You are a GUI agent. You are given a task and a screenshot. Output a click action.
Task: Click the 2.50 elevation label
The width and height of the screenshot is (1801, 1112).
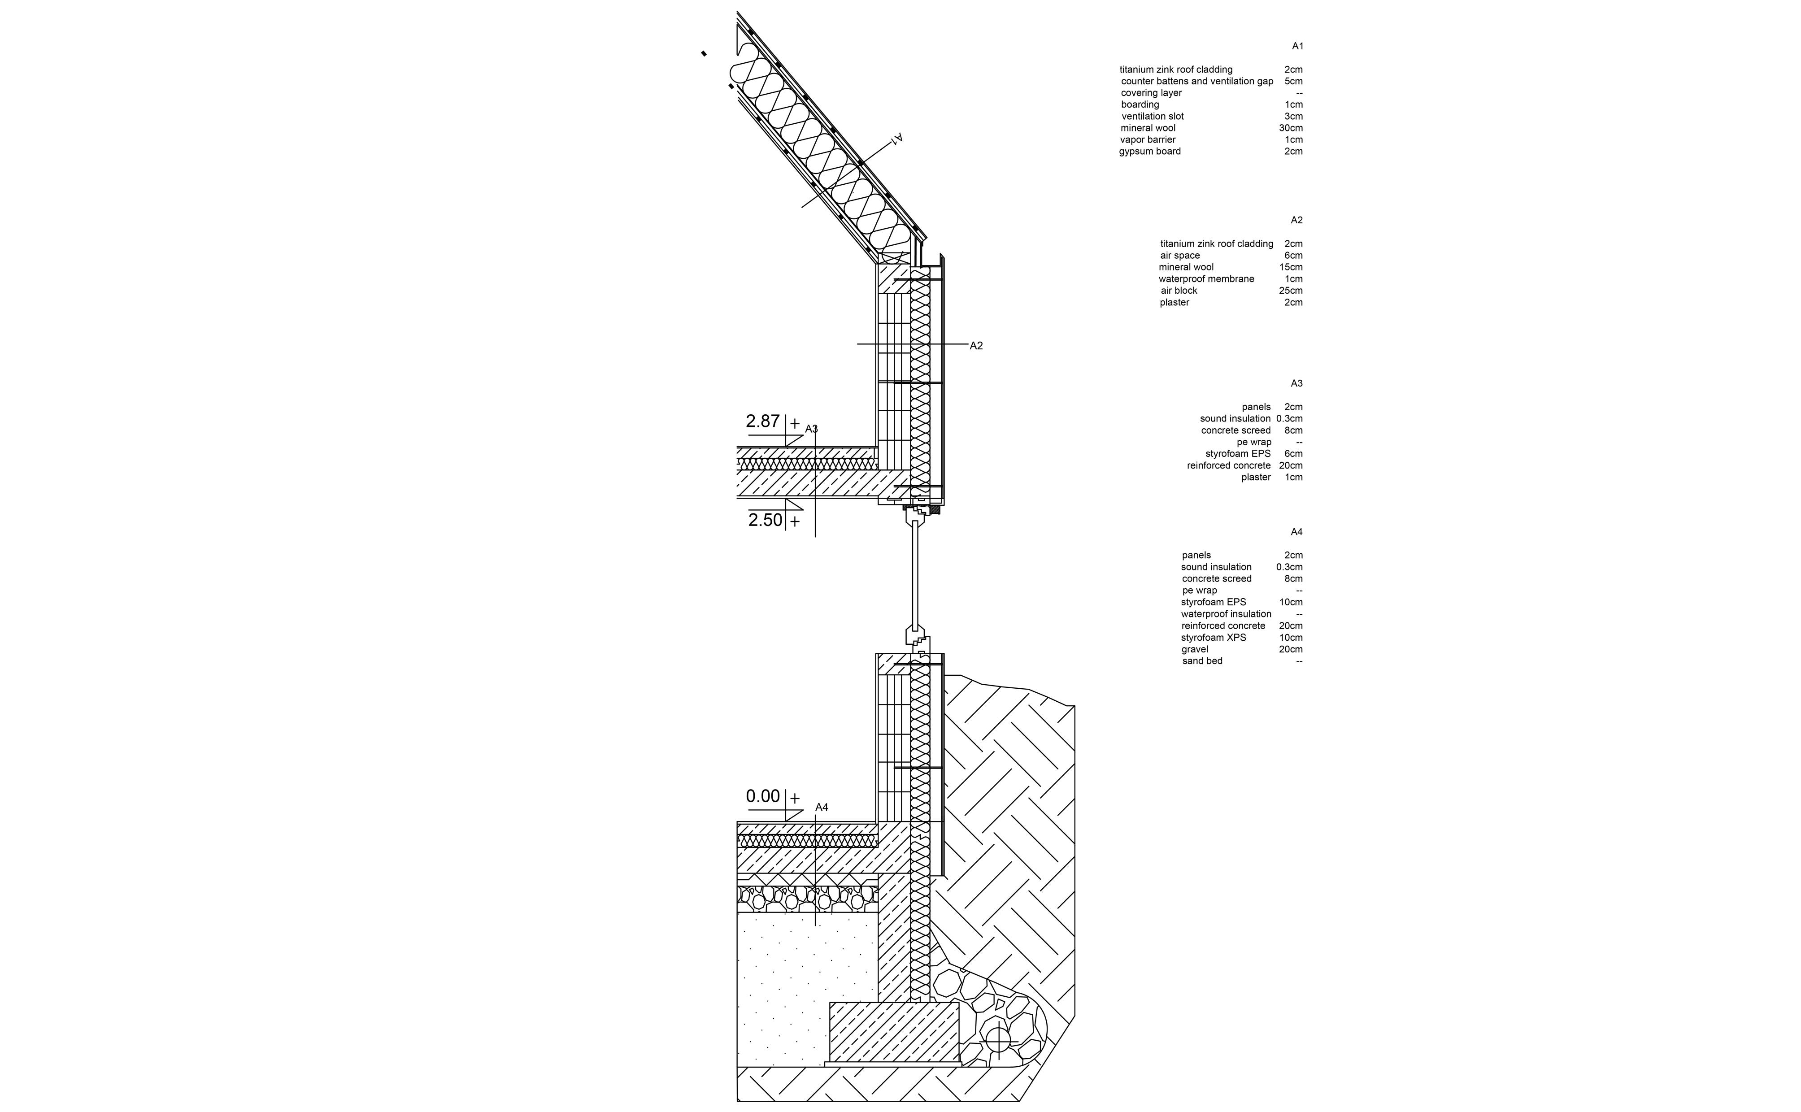(765, 520)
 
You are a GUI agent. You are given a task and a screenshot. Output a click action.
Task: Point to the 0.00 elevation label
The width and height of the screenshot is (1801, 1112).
(763, 796)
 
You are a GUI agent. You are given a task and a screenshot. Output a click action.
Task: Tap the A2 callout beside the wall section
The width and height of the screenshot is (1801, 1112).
(976, 346)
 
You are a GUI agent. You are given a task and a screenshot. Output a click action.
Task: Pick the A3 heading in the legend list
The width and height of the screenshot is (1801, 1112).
(1296, 384)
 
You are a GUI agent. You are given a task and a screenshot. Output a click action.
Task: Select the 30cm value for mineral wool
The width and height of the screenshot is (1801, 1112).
(1291, 128)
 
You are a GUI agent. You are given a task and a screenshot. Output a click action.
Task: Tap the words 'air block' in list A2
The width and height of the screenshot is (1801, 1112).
(1179, 291)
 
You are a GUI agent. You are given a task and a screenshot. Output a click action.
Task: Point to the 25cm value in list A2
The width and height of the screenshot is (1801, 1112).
(1291, 291)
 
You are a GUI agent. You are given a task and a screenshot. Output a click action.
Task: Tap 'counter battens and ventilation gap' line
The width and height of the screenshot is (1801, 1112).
(1196, 81)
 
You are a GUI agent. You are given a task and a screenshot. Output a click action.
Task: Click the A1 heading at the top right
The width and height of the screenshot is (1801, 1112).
(1297, 46)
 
